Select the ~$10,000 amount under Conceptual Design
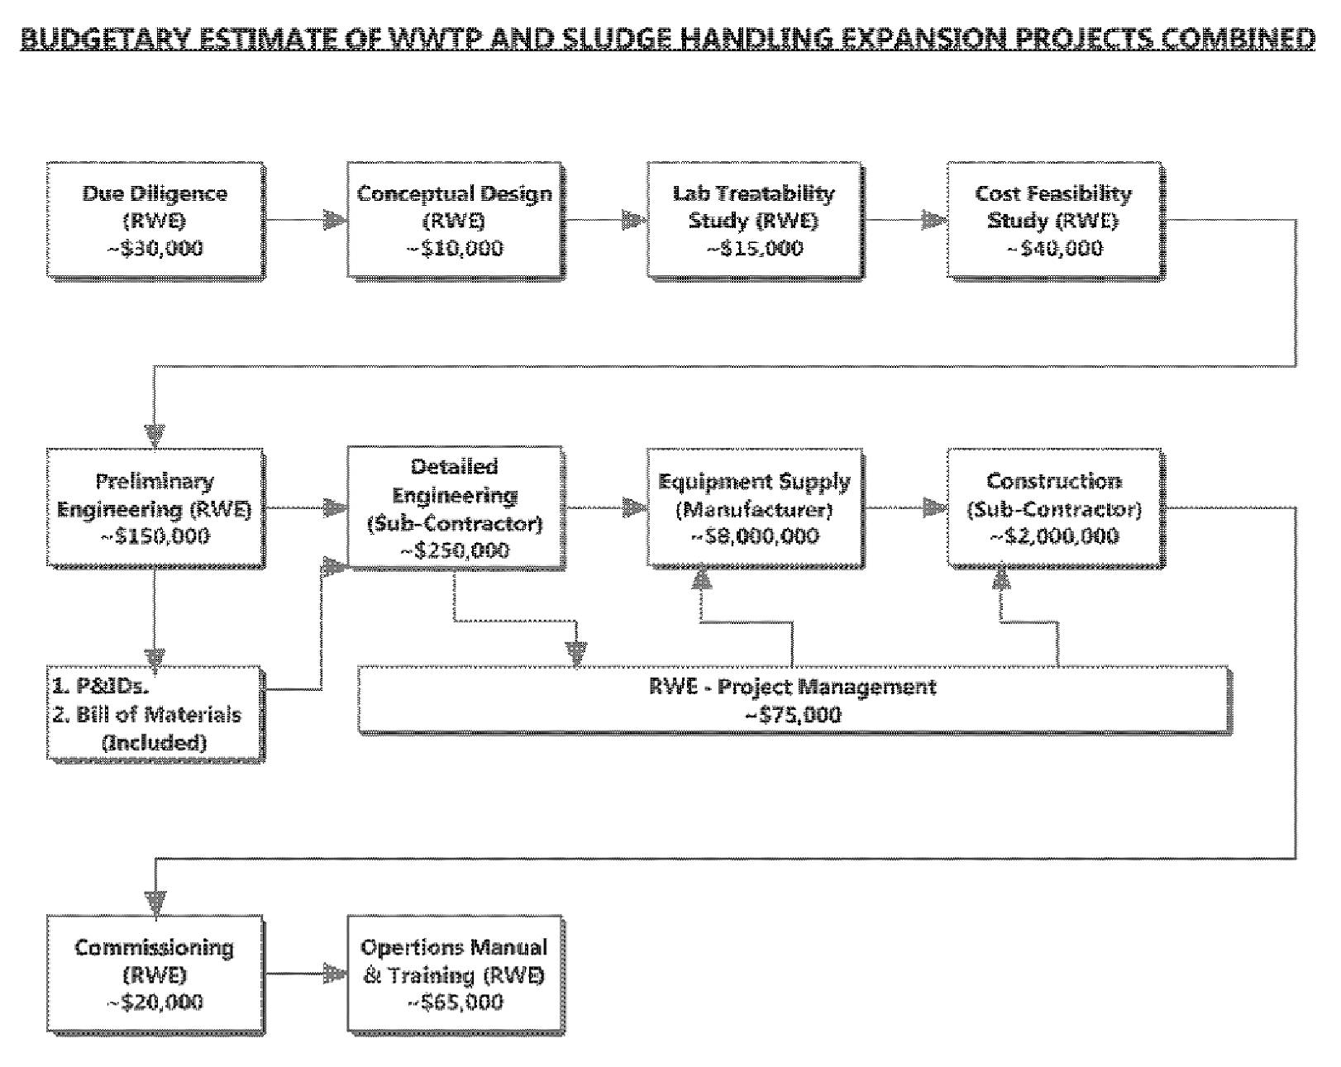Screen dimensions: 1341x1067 pyautogui.click(x=455, y=249)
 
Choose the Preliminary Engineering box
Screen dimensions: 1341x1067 pyautogui.click(x=155, y=507)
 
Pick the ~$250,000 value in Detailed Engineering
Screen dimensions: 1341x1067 pyautogui.click(x=455, y=550)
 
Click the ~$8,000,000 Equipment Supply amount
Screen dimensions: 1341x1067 pyautogui.click(x=755, y=536)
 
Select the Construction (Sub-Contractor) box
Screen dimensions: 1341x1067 pyautogui.click(x=1056, y=507)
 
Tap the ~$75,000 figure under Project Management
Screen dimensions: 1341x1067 pyautogui.click(x=793, y=714)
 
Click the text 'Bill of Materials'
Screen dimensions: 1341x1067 pyautogui.click(x=158, y=714)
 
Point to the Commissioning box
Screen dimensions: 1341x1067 pyautogui.click(x=155, y=974)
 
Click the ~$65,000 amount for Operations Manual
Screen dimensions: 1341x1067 pyautogui.click(x=455, y=1003)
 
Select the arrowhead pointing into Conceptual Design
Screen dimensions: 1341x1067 pyautogui.click(x=336, y=220)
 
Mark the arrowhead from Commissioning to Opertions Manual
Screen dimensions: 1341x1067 pyautogui.click(x=336, y=974)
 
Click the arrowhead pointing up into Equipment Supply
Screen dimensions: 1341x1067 pyautogui.click(x=702, y=578)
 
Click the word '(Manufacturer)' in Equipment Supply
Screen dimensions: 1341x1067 pyautogui.click(x=755, y=509)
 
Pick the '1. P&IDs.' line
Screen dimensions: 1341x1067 pyautogui.click(x=101, y=687)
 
